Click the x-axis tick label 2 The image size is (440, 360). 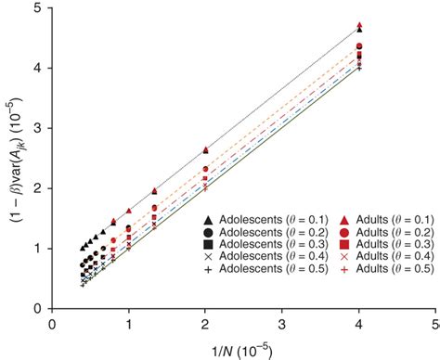tap(205, 323)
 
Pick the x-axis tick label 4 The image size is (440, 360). tap(358, 323)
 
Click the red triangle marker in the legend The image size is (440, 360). tap(330, 215)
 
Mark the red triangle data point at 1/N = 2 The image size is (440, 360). tap(205, 149)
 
